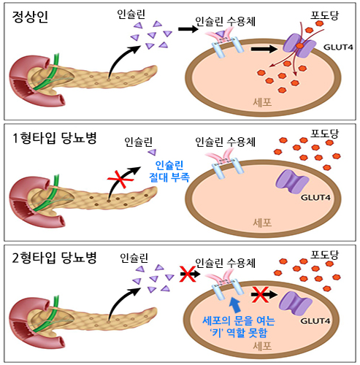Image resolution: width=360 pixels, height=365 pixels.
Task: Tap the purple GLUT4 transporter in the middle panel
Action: click(290, 178)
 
